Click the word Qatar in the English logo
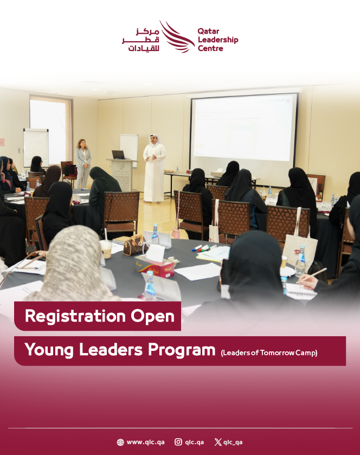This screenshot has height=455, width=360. pyautogui.click(x=208, y=31)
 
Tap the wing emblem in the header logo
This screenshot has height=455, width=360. pyautogui.click(x=177, y=36)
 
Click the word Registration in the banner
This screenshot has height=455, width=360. pyautogui.click(x=75, y=316)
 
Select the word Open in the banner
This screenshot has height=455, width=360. pyautogui.click(x=152, y=317)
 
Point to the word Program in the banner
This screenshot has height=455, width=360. pyautogui.click(x=182, y=350)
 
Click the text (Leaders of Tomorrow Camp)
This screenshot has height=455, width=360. pyautogui.click(x=269, y=353)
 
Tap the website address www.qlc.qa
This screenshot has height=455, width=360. pyautogui.click(x=146, y=442)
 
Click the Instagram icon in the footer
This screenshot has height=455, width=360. pyautogui.click(x=178, y=442)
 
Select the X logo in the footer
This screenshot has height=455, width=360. pyautogui.click(x=218, y=442)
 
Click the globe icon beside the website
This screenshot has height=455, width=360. pyautogui.click(x=120, y=442)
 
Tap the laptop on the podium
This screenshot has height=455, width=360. pyautogui.click(x=118, y=155)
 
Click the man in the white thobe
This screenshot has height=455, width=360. pyautogui.click(x=154, y=168)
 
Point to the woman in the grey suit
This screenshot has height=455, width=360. pyautogui.click(x=83, y=163)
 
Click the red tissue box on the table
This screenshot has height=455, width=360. pyautogui.click(x=156, y=267)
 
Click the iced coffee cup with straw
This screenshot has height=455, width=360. pyautogui.click(x=106, y=247)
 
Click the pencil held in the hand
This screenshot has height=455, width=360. pyautogui.click(x=311, y=275)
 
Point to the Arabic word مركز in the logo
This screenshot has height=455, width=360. pyautogui.click(x=147, y=31)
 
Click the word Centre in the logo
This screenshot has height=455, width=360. pyautogui.click(x=210, y=48)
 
